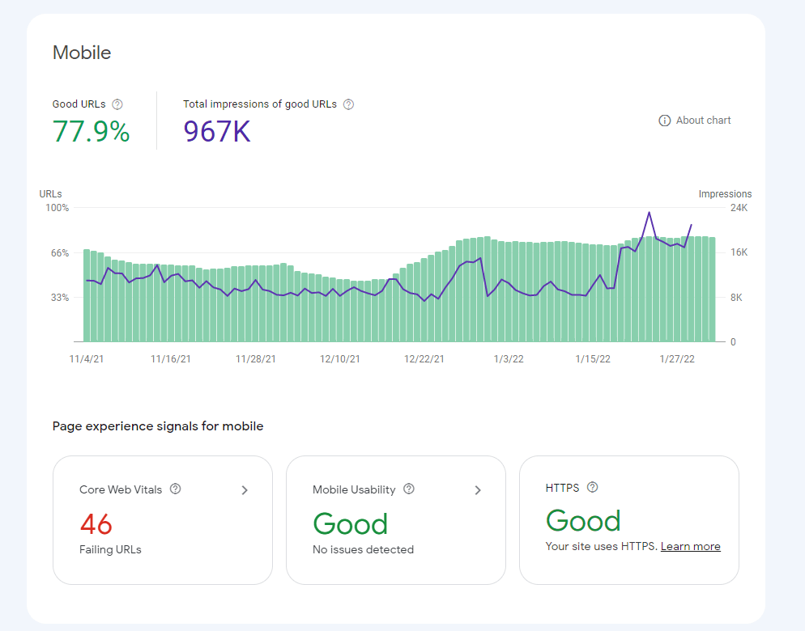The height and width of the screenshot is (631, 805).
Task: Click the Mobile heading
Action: click(x=82, y=53)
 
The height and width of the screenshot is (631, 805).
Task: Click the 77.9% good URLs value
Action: click(x=91, y=131)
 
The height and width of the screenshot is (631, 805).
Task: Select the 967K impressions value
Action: click(x=216, y=131)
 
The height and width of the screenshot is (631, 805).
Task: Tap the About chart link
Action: click(x=695, y=121)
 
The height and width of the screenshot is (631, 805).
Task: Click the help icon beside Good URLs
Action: click(x=117, y=104)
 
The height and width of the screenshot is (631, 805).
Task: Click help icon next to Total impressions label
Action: click(x=348, y=104)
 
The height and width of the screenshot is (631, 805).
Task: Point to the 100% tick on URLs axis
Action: click(x=57, y=208)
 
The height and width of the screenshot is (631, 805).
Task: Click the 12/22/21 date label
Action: click(x=424, y=359)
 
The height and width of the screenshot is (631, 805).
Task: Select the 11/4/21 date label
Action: click(x=86, y=359)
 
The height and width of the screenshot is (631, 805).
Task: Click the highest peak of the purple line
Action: click(x=649, y=213)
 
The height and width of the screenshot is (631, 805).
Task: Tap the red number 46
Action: click(x=96, y=524)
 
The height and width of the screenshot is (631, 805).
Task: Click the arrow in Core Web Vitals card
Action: click(x=245, y=490)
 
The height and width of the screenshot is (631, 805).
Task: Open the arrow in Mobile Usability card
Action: click(x=478, y=490)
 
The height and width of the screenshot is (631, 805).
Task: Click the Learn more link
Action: click(x=690, y=546)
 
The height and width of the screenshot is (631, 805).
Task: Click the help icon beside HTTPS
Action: click(x=592, y=487)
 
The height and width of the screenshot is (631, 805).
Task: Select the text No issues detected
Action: click(x=363, y=549)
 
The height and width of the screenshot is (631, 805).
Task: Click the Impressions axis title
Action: click(x=725, y=194)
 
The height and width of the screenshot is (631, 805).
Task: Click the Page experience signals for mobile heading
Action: click(x=158, y=426)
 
